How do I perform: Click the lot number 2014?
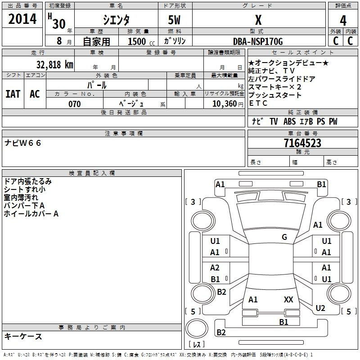(x=22, y=19)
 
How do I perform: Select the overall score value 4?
(x=343, y=21)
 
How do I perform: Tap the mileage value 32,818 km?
(x=54, y=64)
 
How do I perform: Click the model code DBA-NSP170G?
(x=258, y=41)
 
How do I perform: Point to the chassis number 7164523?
(x=302, y=143)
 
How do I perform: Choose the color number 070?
(x=75, y=104)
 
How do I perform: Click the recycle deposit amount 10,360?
(x=225, y=104)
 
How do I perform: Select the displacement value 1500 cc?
(x=141, y=41)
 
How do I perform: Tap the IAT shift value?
(x=13, y=94)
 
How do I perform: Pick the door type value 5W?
(x=175, y=20)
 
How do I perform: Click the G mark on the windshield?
(x=284, y=237)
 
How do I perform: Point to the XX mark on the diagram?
(x=288, y=300)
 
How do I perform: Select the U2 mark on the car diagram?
(x=320, y=308)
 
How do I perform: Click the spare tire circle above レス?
(x=197, y=328)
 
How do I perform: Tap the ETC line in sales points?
(x=258, y=103)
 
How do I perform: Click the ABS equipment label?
(x=289, y=121)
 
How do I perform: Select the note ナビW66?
(x=23, y=143)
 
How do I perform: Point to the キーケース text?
(x=23, y=337)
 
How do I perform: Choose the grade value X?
(x=258, y=20)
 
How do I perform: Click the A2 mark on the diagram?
(x=215, y=268)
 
